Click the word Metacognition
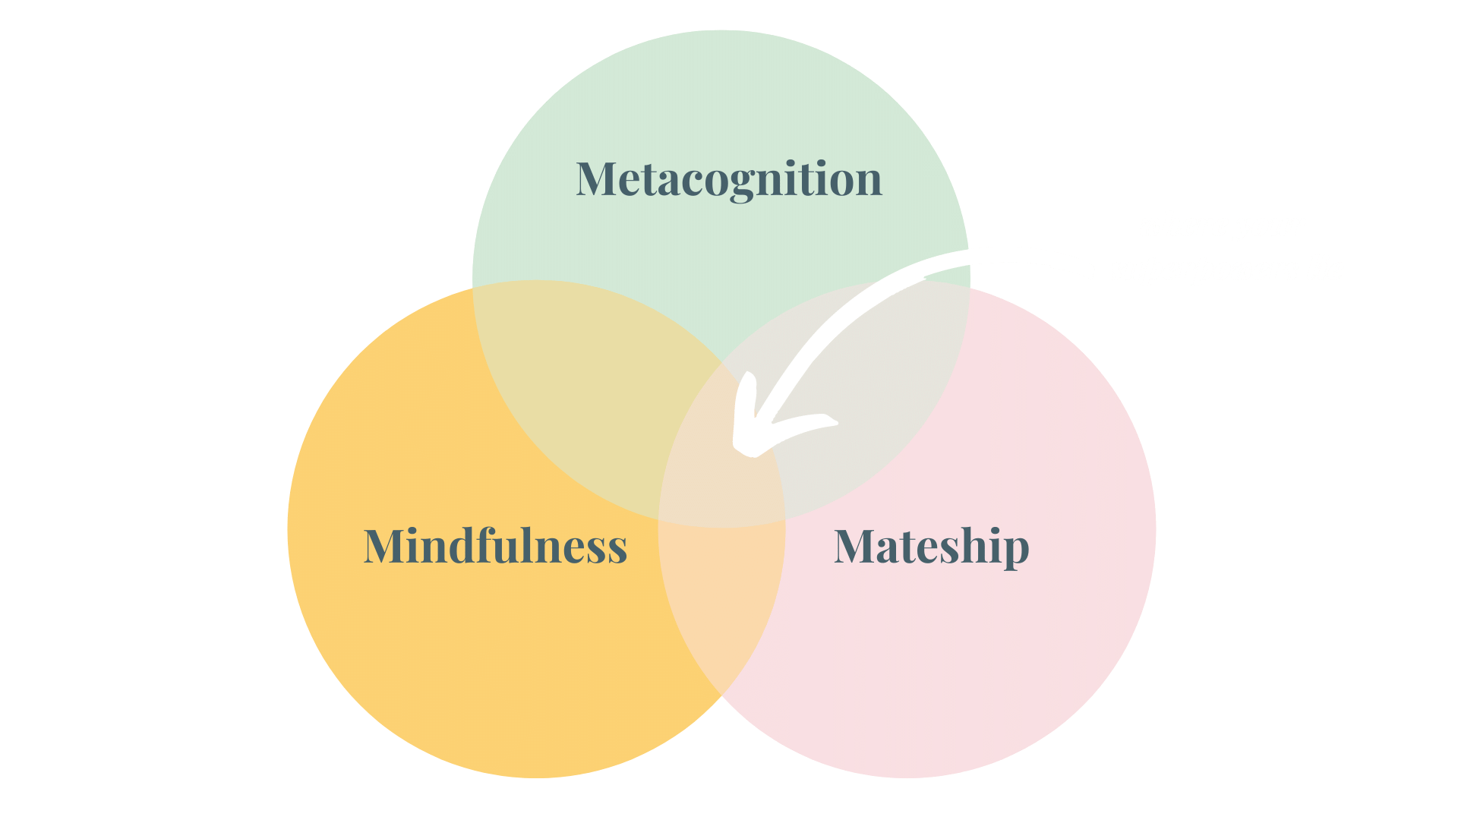click(x=729, y=179)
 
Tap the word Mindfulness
click(x=495, y=546)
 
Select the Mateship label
click(x=931, y=546)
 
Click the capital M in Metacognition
click(x=595, y=179)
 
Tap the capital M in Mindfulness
click(x=384, y=546)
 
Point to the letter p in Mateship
click(x=1014, y=550)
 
